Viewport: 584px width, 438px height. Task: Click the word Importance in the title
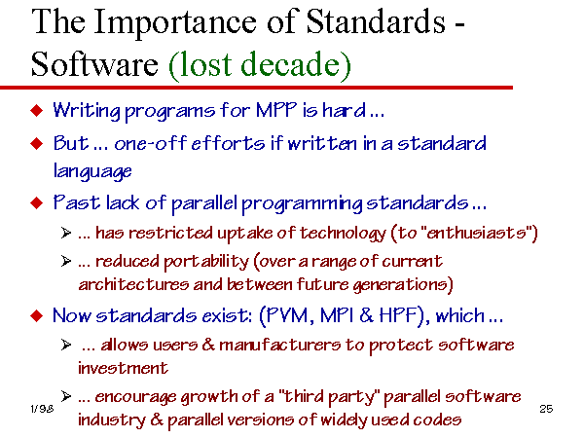175,22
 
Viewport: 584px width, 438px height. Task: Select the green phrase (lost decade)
260,65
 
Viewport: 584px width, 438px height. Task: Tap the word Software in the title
94,64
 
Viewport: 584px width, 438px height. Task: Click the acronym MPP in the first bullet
276,110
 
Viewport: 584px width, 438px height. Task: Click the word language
92,171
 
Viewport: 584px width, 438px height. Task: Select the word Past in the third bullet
77,202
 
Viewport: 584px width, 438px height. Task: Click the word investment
123,368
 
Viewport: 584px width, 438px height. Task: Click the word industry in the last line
112,420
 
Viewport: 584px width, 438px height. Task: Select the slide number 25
546,409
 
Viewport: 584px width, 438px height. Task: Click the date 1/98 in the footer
42,409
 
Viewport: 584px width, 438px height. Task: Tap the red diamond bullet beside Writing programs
37,111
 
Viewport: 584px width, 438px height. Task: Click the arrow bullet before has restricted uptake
66,233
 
